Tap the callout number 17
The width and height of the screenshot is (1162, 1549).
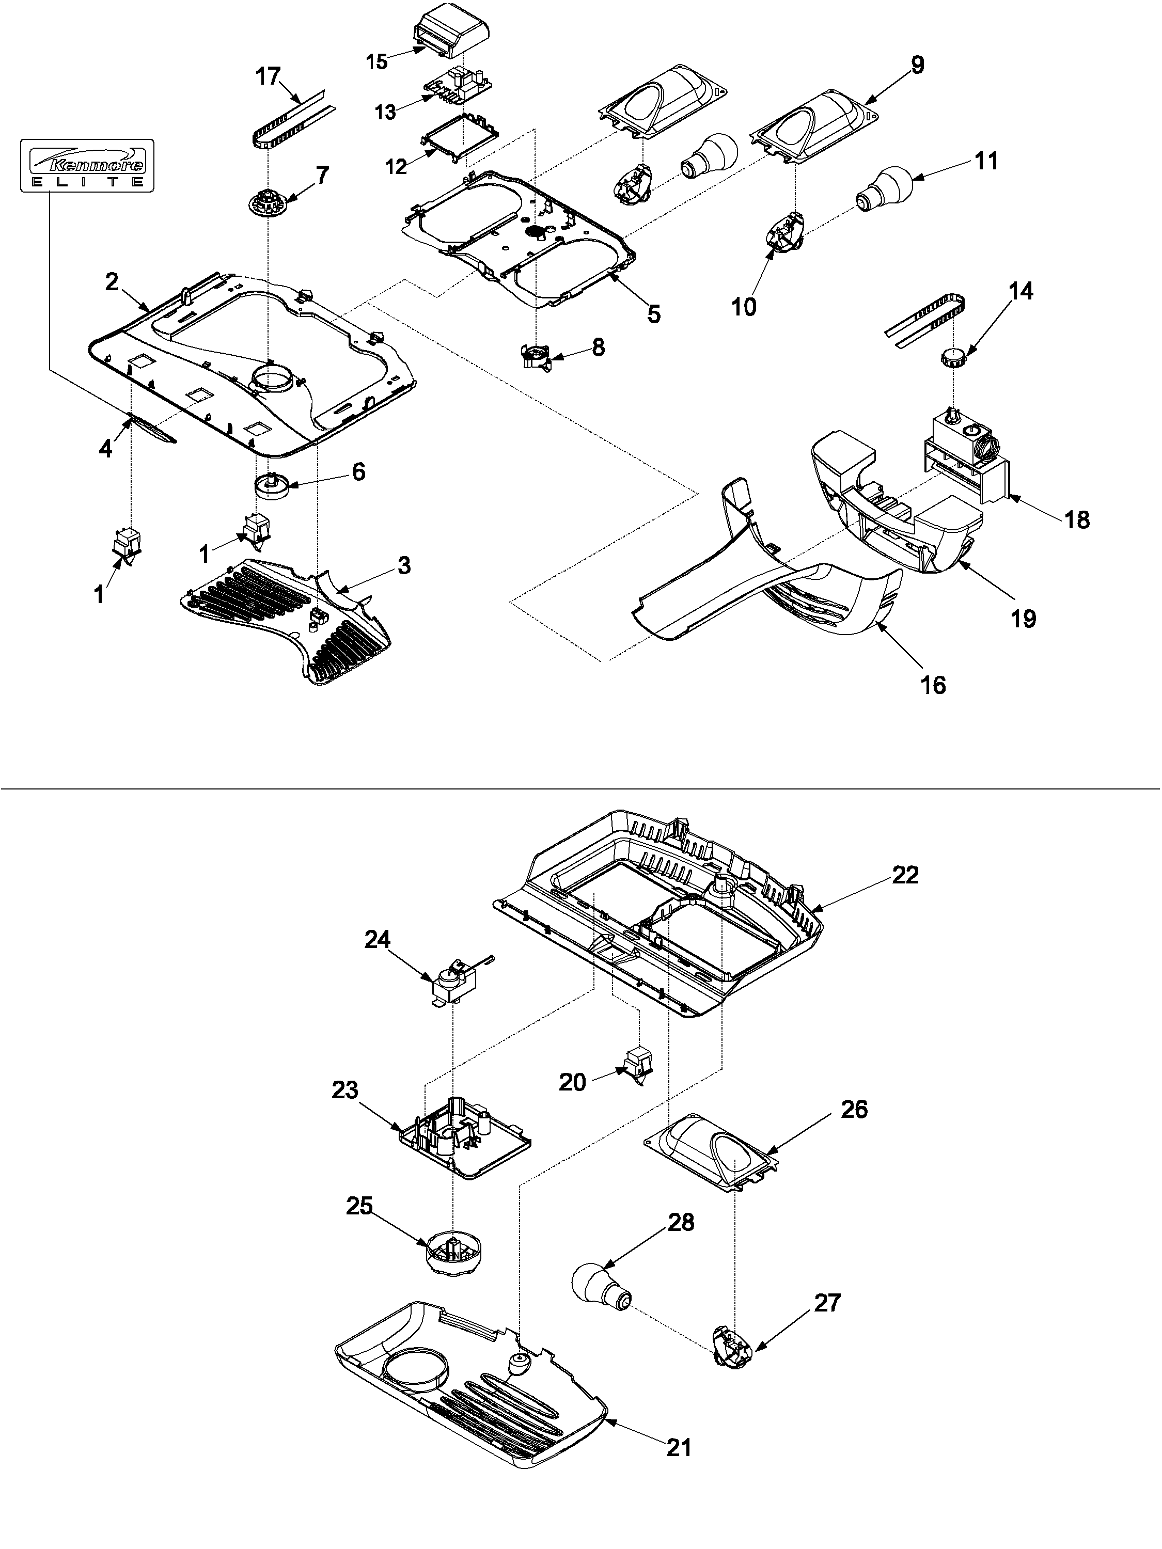[268, 77]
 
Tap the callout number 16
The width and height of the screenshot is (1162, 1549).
[933, 684]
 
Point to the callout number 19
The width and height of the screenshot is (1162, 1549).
[1024, 619]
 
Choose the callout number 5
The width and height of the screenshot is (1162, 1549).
[653, 314]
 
